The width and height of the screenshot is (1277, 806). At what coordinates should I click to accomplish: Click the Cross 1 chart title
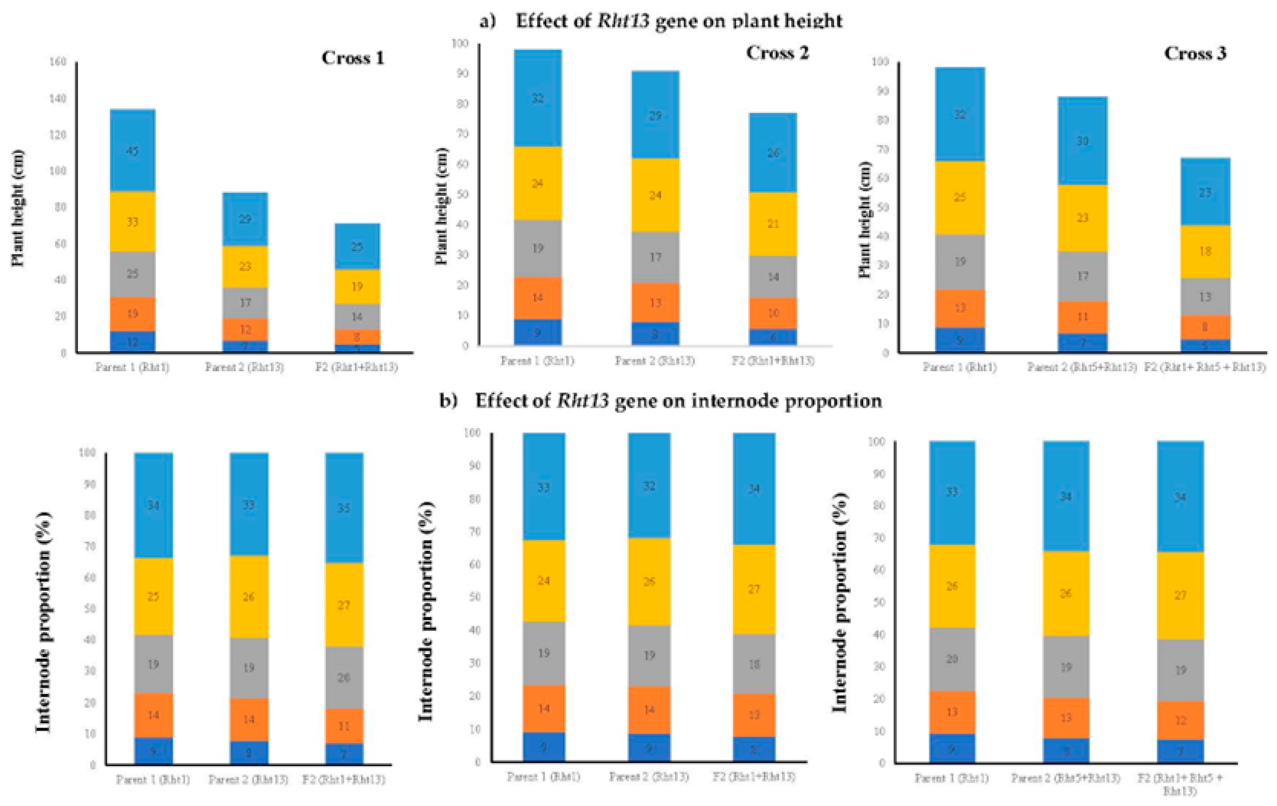click(353, 58)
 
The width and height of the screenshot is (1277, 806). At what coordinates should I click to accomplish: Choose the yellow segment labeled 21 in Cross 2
click(773, 224)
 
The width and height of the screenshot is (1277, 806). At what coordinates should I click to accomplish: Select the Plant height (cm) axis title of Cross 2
click(441, 206)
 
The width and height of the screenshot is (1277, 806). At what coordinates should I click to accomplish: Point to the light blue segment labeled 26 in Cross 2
click(773, 153)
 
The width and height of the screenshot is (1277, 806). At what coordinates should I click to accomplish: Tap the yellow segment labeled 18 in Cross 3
click(1205, 251)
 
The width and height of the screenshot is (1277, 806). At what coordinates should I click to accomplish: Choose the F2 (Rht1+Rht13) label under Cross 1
click(356, 367)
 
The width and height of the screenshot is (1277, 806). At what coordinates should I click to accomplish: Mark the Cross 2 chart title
click(778, 53)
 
